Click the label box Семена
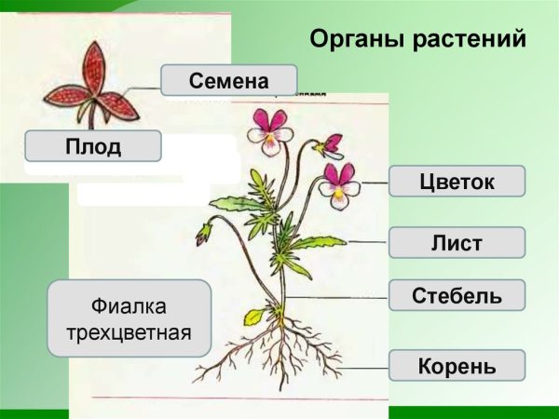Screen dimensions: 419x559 coord(228,80)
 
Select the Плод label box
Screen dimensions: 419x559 coord(93,146)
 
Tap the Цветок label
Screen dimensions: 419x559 coord(457,181)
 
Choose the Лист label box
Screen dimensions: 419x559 coord(457,243)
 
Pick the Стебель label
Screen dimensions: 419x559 coord(457,296)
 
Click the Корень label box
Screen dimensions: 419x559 coord(457,364)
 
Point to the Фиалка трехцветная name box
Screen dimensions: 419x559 coord(130,318)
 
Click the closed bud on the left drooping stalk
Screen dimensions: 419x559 coord(202,233)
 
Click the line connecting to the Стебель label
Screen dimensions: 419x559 coord(335,296)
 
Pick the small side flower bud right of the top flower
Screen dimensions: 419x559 coord(329,144)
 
